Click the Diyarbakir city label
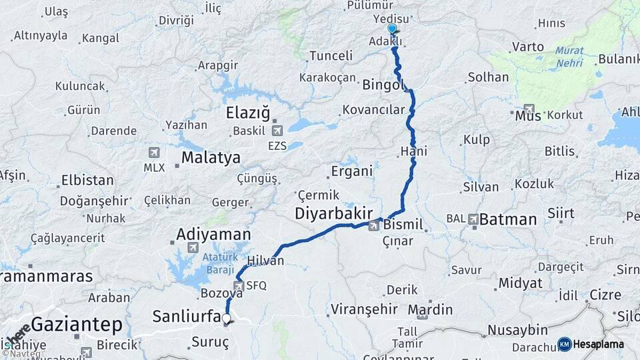[x=333, y=213]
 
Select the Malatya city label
[x=211, y=158]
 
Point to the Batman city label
[x=508, y=219]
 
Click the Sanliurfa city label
[x=187, y=316]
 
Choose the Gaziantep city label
[x=77, y=325]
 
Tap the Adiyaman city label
[x=213, y=235]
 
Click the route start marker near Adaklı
[x=392, y=29]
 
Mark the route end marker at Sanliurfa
[x=227, y=320]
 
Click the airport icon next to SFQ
[x=238, y=285]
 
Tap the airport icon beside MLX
[x=155, y=153]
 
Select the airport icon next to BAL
[x=473, y=218]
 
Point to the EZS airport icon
[x=277, y=131]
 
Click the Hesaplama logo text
[x=598, y=344]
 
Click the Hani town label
[x=414, y=152]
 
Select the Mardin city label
[x=430, y=309]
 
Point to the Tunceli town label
[x=331, y=55]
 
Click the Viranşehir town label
[x=363, y=309]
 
